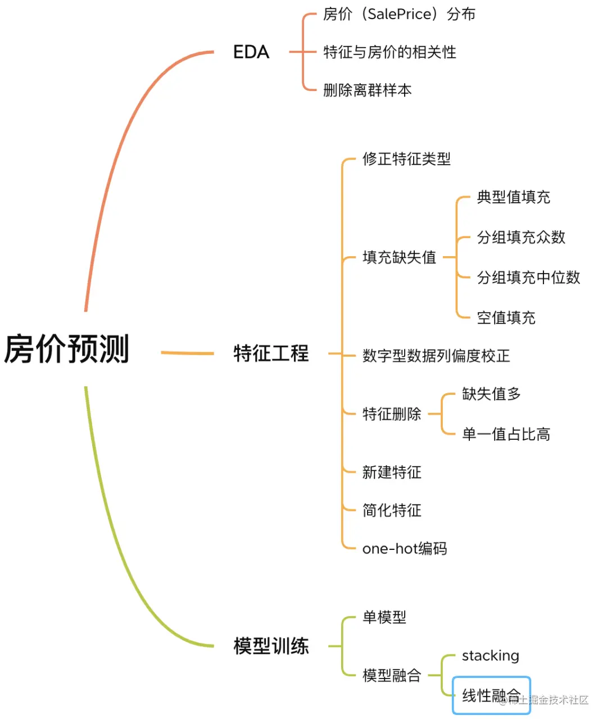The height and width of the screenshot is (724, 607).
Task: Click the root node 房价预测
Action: (67, 349)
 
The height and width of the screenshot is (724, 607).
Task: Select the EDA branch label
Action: (251, 52)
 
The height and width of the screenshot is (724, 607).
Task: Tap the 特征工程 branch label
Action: (271, 353)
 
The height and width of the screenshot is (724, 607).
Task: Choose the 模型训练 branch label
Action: (271, 646)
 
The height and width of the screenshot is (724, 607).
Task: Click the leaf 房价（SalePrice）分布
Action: (399, 14)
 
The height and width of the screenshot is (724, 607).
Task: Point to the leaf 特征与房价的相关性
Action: (389, 52)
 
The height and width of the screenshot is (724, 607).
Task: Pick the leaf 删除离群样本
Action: (367, 90)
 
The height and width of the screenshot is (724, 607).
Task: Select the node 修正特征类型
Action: (406, 159)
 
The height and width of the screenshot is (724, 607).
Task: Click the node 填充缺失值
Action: (399, 257)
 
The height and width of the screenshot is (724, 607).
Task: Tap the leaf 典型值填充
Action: (513, 197)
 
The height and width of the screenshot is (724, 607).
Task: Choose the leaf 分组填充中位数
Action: (528, 277)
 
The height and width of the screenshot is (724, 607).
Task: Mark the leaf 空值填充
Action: (506, 318)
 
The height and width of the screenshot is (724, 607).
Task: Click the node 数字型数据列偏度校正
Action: (436, 356)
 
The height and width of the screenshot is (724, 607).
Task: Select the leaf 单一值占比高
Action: (506, 434)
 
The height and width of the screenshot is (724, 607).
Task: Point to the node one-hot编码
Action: (405, 548)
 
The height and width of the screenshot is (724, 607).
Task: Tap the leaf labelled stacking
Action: (490, 655)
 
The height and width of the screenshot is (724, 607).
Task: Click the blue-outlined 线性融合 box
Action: (491, 695)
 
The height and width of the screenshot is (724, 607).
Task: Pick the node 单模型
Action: (384, 617)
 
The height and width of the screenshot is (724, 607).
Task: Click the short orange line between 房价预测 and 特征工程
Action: (187, 353)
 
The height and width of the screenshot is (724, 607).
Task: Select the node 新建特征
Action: (392, 472)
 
